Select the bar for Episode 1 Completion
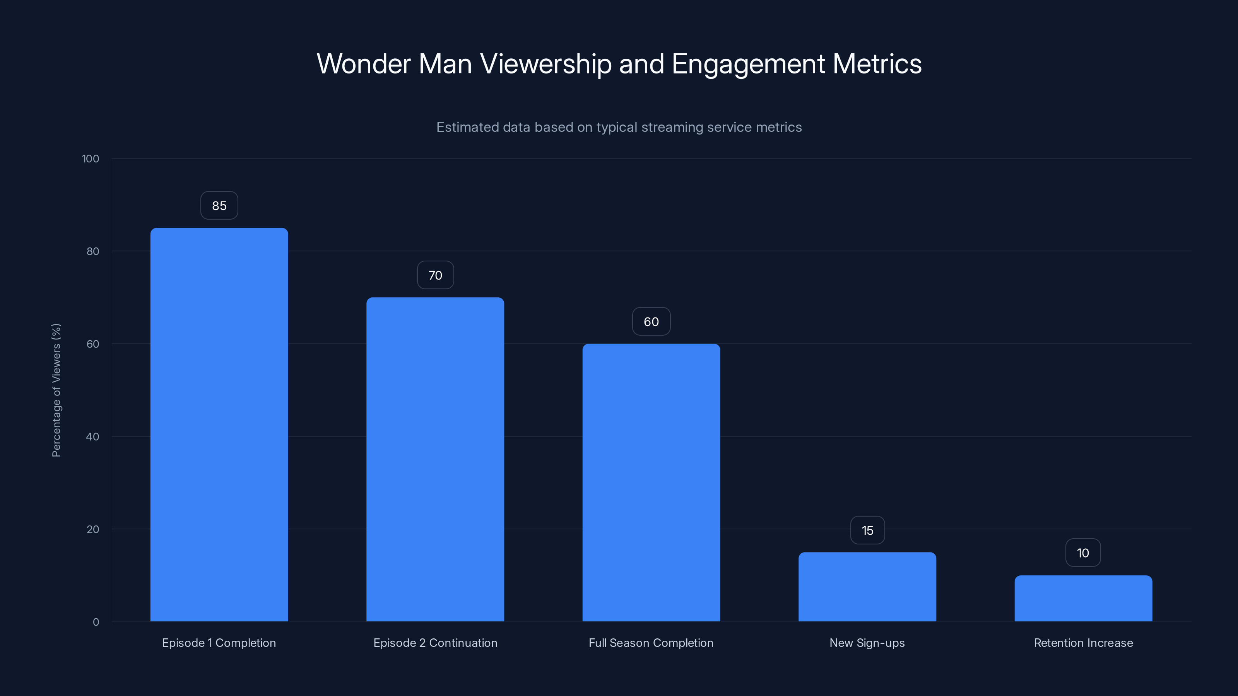(x=219, y=425)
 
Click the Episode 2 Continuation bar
(x=435, y=459)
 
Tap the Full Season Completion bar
(x=651, y=482)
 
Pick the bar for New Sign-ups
(x=867, y=587)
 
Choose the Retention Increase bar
(x=1083, y=598)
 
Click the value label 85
(x=219, y=206)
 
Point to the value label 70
(x=435, y=275)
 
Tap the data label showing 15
(x=867, y=530)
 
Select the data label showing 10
(x=1083, y=553)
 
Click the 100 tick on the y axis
(x=91, y=159)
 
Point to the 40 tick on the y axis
(x=92, y=437)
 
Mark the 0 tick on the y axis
(x=96, y=622)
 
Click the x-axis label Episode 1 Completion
(x=219, y=643)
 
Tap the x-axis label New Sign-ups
(x=867, y=643)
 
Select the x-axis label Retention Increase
(x=1083, y=643)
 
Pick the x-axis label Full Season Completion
(x=651, y=643)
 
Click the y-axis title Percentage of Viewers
(x=56, y=390)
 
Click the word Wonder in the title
(x=363, y=63)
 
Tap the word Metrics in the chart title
(x=877, y=63)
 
